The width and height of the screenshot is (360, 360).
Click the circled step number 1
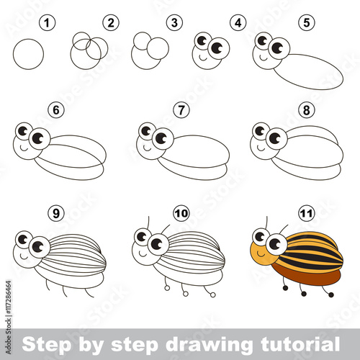(x=48, y=24)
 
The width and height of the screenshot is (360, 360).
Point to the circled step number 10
(x=180, y=213)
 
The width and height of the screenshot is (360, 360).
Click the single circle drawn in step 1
(x=30, y=53)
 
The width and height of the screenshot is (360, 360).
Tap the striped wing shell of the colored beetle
(x=310, y=252)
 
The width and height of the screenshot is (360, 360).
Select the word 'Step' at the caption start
(x=42, y=341)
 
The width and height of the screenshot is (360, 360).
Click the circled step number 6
(x=54, y=112)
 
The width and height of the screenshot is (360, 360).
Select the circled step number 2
(x=110, y=24)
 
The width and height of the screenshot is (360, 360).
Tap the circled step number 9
(x=54, y=213)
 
